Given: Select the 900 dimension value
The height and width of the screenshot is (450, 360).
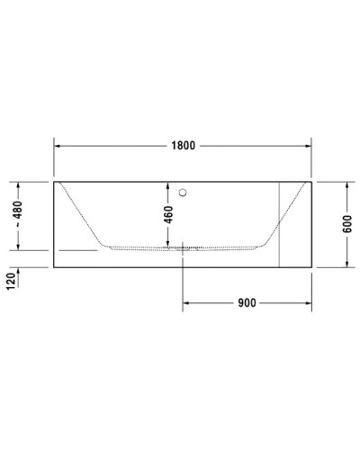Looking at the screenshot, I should click(x=247, y=302).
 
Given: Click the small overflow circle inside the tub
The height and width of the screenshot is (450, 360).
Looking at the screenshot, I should click(x=183, y=191).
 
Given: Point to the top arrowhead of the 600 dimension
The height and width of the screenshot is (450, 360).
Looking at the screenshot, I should click(x=346, y=184).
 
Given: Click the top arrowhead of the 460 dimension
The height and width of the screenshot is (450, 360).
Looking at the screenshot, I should click(x=168, y=184).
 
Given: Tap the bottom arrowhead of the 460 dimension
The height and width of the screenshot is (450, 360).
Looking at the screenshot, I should click(x=168, y=244).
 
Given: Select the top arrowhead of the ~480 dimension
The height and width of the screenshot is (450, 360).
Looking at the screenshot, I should click(x=18, y=184).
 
